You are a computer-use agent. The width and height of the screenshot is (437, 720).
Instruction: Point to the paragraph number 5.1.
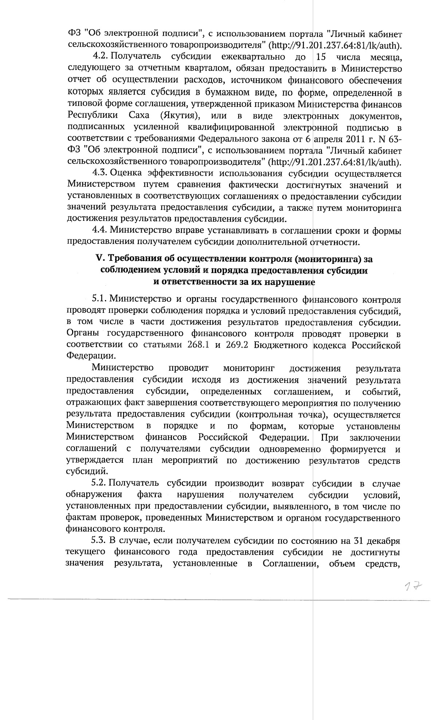pyautogui.click(x=99, y=300)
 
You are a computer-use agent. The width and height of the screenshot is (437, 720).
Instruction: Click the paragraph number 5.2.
pyautogui.click(x=99, y=484)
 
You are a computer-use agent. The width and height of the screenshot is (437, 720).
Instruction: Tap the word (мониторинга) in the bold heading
pyautogui.click(x=328, y=259)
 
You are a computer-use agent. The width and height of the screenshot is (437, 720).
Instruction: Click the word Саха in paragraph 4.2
pyautogui.click(x=139, y=116)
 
